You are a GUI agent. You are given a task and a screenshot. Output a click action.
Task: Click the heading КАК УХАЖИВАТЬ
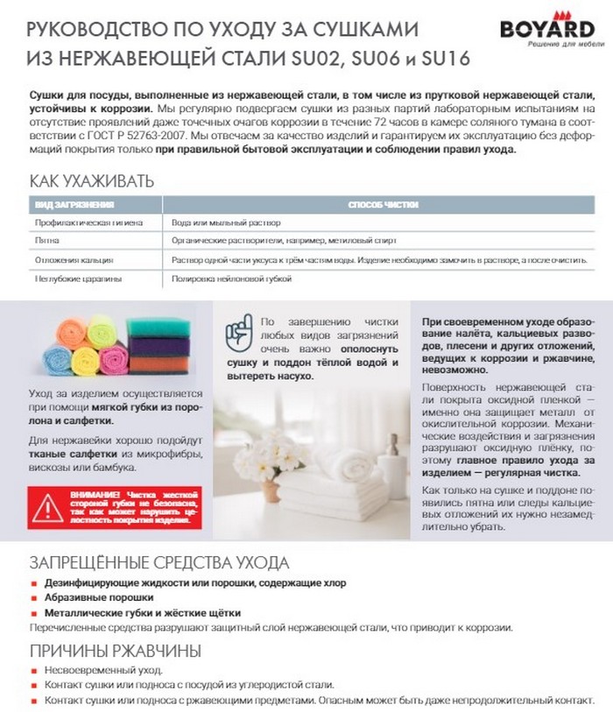click(x=92, y=181)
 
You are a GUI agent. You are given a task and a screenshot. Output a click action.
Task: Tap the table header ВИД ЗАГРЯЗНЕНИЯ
click(x=74, y=204)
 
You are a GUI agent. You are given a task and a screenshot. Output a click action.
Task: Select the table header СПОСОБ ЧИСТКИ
click(x=383, y=204)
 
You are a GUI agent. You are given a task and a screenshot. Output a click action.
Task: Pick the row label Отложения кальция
click(x=74, y=260)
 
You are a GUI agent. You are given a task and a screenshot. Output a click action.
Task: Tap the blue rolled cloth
click(x=57, y=359)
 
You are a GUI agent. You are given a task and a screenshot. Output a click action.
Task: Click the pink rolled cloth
click(x=112, y=359)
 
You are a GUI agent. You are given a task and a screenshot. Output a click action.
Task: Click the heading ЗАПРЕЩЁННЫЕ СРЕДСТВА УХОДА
click(x=159, y=562)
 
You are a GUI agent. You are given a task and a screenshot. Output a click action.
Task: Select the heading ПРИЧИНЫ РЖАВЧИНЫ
click(x=116, y=651)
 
